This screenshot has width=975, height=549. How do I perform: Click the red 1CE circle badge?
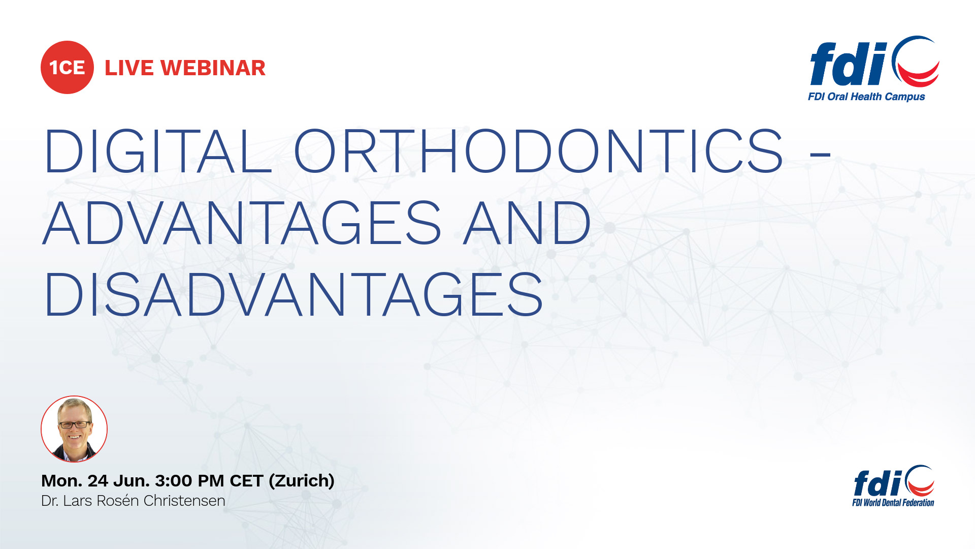67,67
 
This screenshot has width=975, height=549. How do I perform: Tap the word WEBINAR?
213,68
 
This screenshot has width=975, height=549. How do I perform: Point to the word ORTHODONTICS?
538,151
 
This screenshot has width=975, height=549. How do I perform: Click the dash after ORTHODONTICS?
821,152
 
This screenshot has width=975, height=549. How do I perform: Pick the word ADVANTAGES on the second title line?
242,223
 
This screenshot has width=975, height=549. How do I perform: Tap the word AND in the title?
527,223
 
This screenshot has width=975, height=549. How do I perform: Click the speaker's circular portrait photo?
74,429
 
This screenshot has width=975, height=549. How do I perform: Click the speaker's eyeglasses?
74,424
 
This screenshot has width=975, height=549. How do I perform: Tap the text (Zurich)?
302,481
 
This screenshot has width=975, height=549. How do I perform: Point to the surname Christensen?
184,501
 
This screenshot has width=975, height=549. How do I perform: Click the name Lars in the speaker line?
78,501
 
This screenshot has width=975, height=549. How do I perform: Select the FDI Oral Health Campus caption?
866,97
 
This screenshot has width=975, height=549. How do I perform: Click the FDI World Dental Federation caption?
893,503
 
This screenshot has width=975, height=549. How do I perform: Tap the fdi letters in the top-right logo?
849,64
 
